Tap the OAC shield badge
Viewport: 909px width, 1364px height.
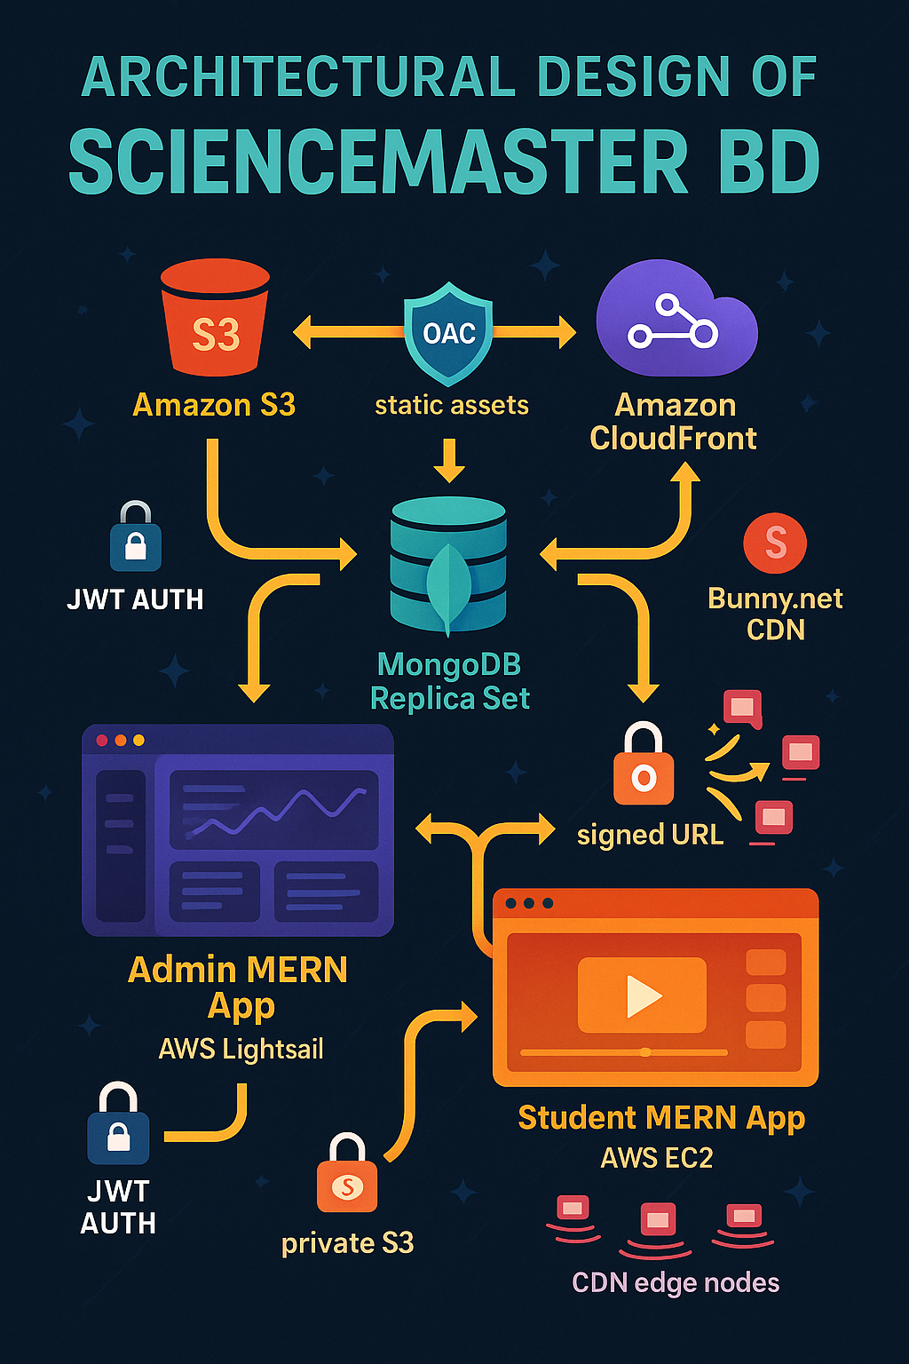coord(448,333)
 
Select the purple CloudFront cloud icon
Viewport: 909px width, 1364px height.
coord(675,320)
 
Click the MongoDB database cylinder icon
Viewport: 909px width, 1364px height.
coord(448,565)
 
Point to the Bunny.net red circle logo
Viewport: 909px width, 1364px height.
coord(775,543)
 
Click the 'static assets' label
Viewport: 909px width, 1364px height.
coord(451,406)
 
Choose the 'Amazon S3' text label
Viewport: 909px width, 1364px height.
coord(214,405)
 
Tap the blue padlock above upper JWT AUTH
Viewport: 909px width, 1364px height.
coord(136,538)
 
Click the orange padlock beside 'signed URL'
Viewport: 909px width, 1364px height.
coord(644,765)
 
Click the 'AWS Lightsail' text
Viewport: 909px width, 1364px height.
coord(241,1050)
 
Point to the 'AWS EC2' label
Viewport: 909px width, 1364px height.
coord(657,1158)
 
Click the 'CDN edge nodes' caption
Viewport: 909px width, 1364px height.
coord(676,1283)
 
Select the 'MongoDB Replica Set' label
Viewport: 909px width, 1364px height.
coord(449,681)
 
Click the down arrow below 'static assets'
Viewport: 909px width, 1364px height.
coord(449,460)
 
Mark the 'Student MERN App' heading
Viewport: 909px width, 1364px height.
coord(661,1118)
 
